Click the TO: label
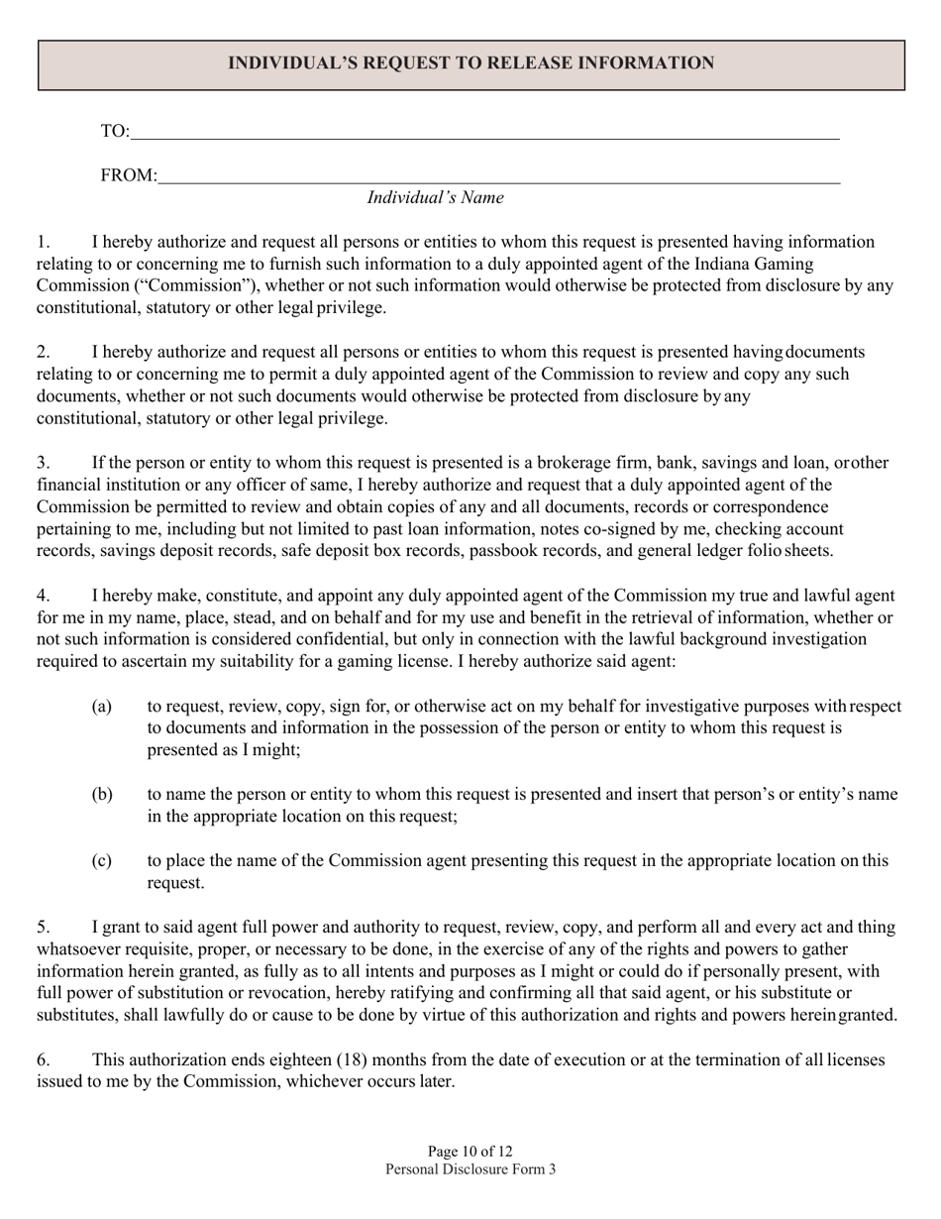coord(115,131)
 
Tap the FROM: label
coord(129,175)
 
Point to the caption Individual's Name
coord(435,197)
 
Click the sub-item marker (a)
coord(102,707)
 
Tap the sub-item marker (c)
coord(102,861)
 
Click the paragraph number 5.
coord(44,928)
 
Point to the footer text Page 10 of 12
coord(470,1152)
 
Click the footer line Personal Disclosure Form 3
coord(470,1169)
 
